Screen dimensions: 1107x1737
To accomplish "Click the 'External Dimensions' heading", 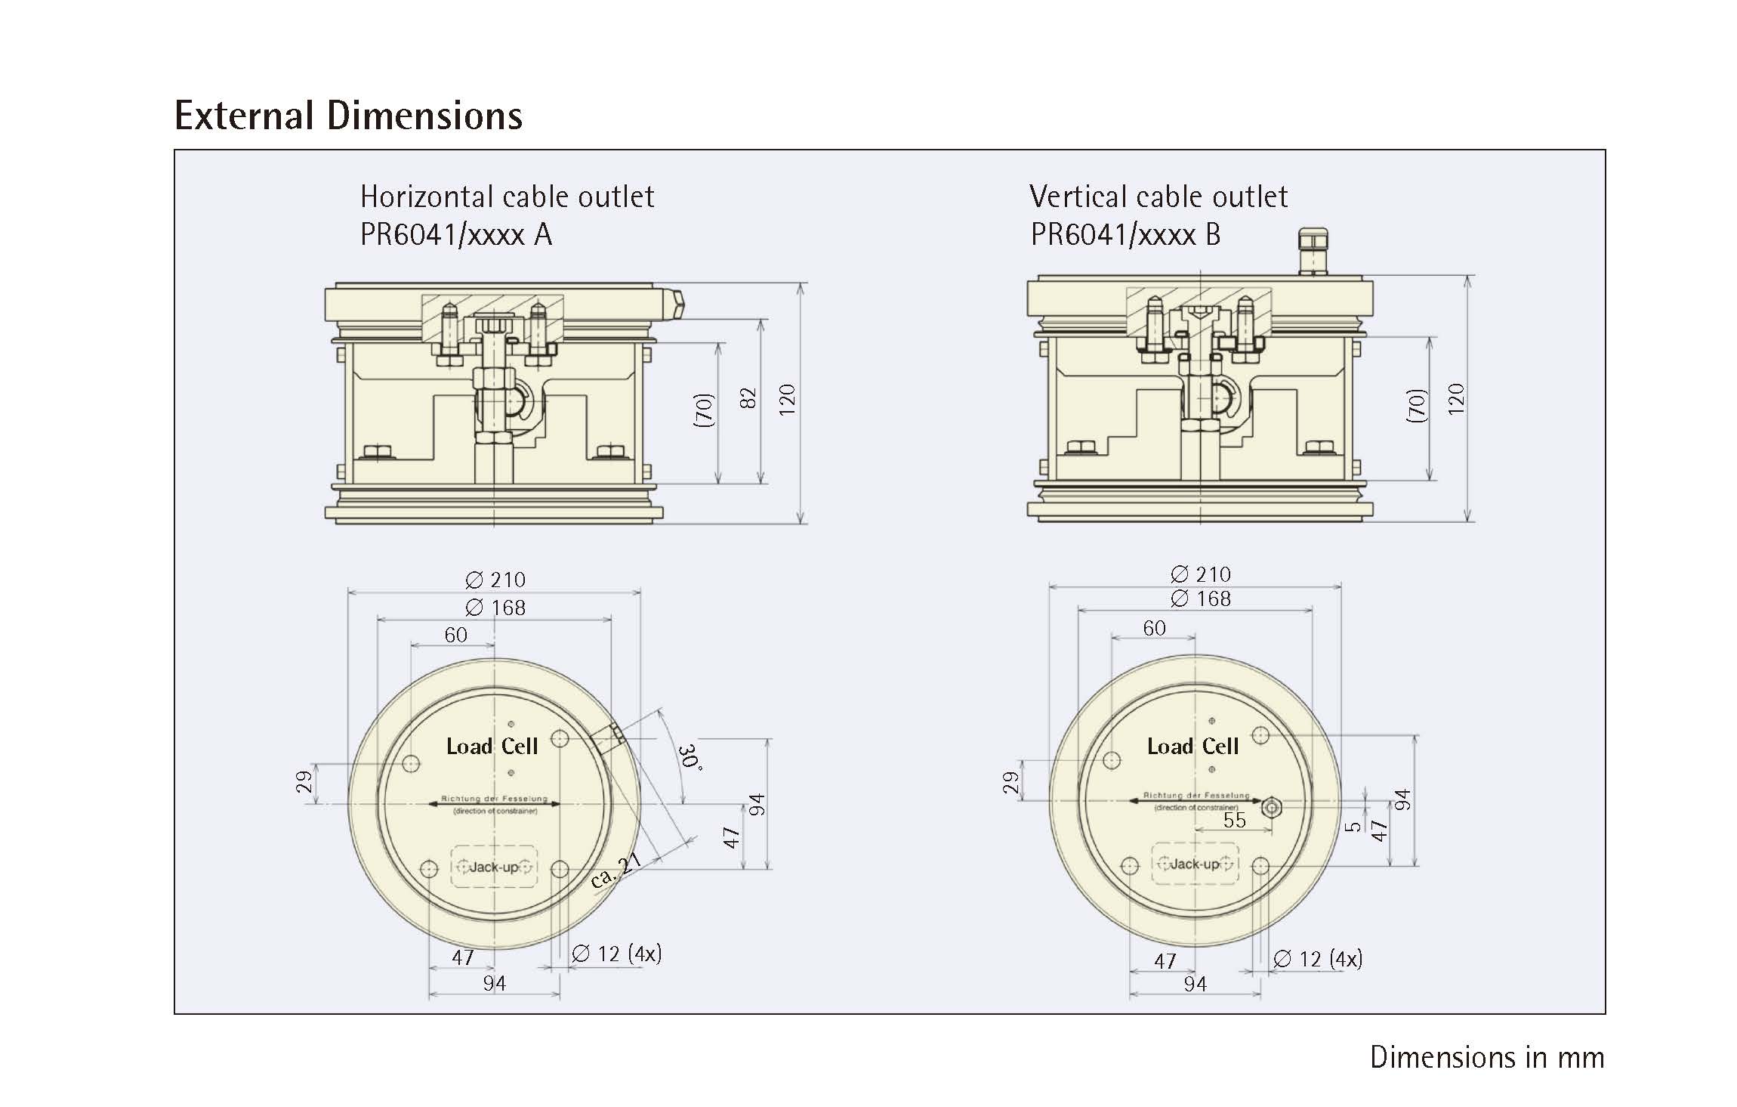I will pos(348,116).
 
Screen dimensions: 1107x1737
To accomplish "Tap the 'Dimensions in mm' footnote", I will pos(1486,1057).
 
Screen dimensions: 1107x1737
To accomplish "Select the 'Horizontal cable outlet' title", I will pos(507,197).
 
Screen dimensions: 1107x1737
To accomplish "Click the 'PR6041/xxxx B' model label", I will pos(1125,235).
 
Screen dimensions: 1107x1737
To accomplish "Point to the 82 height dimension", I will pos(748,398).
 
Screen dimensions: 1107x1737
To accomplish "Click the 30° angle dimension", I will pos(690,756).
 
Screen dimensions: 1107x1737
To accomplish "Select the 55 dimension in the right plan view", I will pos(1234,821).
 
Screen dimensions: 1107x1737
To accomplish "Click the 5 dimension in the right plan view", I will pos(1354,826).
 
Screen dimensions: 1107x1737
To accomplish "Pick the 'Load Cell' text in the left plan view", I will pos(492,747).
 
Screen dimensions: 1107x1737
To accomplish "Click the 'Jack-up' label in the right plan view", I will pos(1195,864).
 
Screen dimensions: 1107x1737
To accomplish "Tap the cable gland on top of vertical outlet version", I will pos(1313,251).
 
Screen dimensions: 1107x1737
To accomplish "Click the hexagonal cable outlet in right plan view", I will pos(1272,807).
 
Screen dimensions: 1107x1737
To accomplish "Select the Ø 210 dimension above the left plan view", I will pos(495,580).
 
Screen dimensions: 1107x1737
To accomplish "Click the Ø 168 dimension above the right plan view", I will pos(1201,599).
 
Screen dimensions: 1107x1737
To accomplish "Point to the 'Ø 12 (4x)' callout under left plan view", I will pos(616,954).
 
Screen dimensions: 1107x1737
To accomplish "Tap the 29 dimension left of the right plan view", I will pos(1010,783).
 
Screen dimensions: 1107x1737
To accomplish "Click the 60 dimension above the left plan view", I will pos(455,635).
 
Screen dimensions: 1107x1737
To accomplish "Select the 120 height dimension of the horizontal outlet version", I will pos(787,398).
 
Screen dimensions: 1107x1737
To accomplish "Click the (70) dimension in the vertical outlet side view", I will pos(1418,405).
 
